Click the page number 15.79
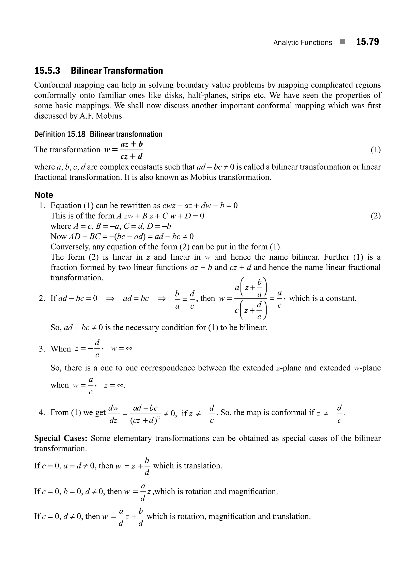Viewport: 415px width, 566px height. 367,42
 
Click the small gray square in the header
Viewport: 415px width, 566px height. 343,42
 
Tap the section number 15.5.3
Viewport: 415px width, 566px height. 47,71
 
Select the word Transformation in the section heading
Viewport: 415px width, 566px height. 133,71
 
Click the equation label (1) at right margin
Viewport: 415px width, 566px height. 375,150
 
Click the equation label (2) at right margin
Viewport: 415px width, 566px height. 375,216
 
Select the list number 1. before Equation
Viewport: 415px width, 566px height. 42,206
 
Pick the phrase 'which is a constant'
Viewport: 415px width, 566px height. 323,298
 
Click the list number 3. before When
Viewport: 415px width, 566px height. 42,349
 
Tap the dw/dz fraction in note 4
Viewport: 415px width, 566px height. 113,413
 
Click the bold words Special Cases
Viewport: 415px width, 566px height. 61,438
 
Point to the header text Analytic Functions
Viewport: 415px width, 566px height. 303,43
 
